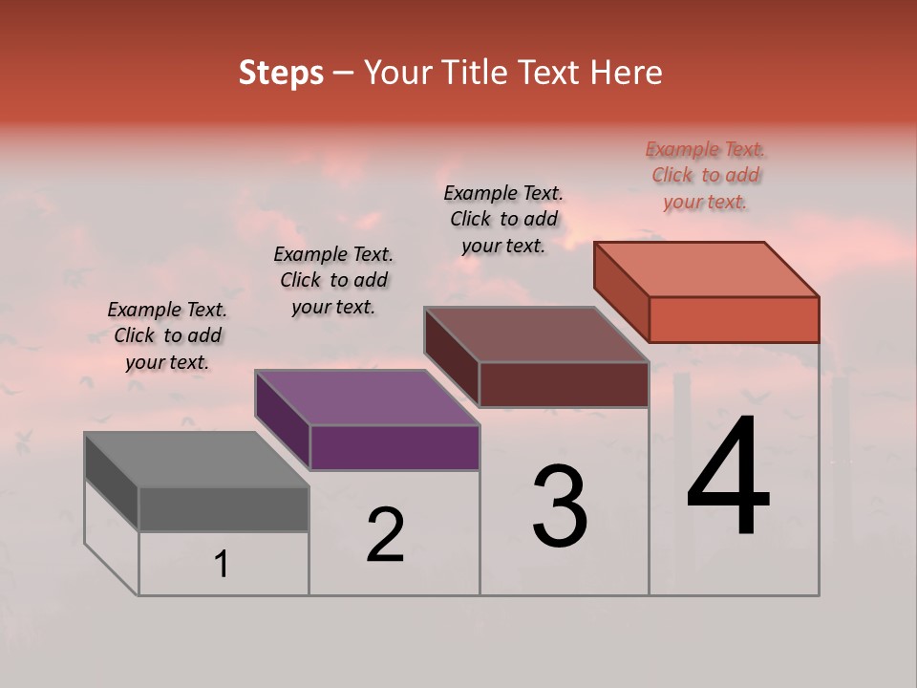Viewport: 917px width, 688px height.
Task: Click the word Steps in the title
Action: [281, 73]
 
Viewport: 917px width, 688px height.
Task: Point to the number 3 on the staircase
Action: [559, 506]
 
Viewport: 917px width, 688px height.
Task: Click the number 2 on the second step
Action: [386, 536]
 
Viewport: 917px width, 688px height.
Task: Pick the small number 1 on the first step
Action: [222, 565]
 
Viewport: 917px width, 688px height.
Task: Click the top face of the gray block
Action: [196, 460]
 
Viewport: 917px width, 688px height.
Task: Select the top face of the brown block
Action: [536, 334]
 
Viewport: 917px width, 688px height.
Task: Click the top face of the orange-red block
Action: [706, 269]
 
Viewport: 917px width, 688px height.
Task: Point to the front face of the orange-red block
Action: [734, 319]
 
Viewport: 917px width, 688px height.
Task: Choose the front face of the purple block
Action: [395, 447]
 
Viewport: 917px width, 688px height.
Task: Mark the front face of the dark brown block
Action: [564, 384]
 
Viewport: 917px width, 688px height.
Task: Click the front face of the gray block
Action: [224, 508]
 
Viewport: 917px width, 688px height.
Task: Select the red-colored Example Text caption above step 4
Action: [706, 176]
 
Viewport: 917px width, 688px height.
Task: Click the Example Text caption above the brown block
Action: [503, 219]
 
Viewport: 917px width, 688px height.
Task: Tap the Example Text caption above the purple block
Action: [333, 280]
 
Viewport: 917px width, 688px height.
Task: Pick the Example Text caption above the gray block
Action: [167, 335]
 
